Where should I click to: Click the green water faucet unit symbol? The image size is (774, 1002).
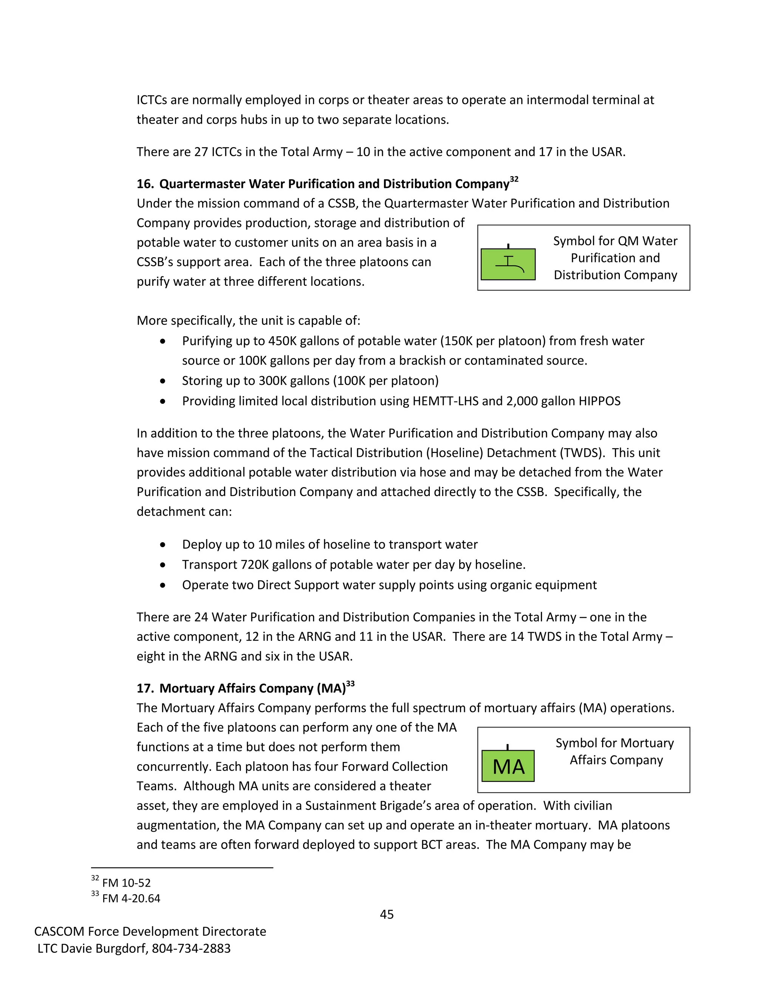point(508,264)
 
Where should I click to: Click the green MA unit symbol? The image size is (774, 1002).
point(508,766)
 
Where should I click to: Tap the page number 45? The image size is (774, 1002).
point(387,914)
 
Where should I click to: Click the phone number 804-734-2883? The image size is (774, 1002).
point(191,948)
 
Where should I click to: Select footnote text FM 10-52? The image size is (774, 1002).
point(126,883)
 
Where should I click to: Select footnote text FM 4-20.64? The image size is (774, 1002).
point(131,898)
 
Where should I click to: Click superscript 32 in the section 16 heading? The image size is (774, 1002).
point(514,179)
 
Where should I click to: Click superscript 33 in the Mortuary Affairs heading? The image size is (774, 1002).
point(350,684)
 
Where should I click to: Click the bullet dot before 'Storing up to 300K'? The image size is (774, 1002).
point(163,381)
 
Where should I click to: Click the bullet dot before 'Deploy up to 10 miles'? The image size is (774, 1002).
point(163,544)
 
